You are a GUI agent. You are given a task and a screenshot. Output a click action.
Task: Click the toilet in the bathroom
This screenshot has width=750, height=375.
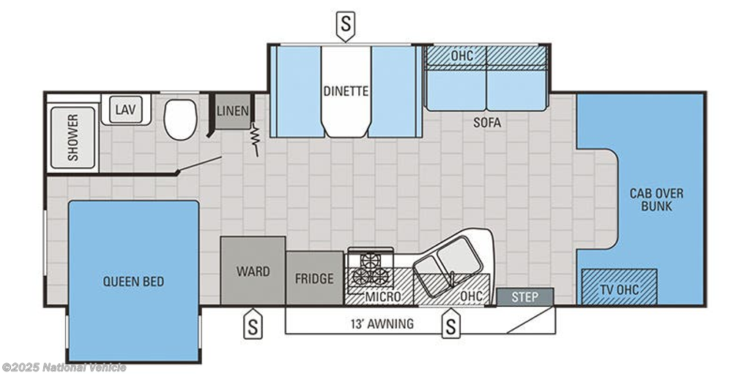[x=180, y=119]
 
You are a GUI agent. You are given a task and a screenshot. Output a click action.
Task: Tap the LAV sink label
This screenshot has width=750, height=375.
[x=126, y=110]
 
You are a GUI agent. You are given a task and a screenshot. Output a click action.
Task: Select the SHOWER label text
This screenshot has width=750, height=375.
[x=73, y=137]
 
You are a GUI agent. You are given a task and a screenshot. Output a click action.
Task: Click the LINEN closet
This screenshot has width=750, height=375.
[x=232, y=111]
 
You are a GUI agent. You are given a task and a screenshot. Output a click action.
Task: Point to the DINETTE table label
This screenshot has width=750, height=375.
[x=346, y=91]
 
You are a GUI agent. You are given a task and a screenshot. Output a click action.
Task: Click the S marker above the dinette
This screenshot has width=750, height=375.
[x=345, y=26]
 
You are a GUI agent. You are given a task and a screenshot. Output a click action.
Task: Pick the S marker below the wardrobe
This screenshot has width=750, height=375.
[x=253, y=324]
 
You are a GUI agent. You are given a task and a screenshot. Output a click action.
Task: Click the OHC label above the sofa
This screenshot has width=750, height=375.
[x=462, y=56]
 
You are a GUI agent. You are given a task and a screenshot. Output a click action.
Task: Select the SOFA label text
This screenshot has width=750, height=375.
[x=487, y=123]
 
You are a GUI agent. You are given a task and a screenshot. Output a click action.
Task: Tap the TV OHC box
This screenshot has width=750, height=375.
[x=619, y=286]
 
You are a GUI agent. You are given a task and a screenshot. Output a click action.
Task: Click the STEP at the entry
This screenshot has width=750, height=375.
[x=524, y=297]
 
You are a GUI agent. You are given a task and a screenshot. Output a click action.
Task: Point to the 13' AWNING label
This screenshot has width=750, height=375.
[x=381, y=324]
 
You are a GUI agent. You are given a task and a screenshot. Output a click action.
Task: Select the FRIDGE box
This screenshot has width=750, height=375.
[x=314, y=278]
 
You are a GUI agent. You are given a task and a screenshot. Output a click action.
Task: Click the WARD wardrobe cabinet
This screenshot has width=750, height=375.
[x=253, y=270]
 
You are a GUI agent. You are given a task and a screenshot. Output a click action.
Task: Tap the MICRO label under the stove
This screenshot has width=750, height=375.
[x=382, y=297]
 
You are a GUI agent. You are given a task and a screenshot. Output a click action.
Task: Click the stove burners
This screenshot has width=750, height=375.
[x=371, y=270]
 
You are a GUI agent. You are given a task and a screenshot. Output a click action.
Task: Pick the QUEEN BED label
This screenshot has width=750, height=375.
[x=133, y=281]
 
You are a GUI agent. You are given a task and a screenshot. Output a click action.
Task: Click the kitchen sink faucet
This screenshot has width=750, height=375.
[x=450, y=277]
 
